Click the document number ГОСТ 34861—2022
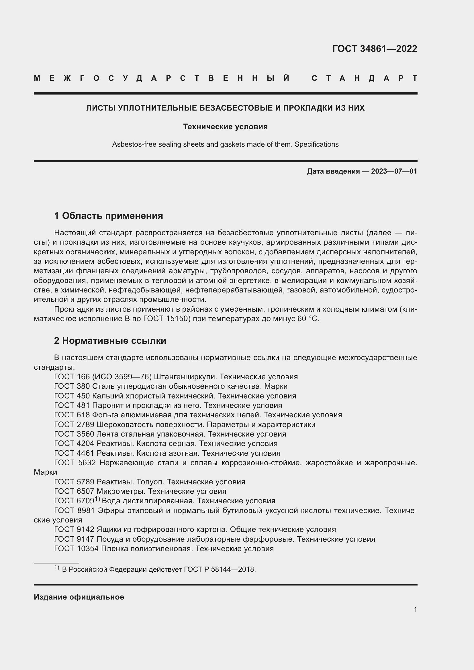click(x=375, y=48)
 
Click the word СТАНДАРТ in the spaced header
click(x=364, y=78)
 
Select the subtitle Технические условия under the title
click(x=225, y=127)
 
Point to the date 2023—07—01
click(x=394, y=171)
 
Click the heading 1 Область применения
click(x=109, y=216)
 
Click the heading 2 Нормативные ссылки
click(x=110, y=341)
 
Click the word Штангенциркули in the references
click(x=185, y=377)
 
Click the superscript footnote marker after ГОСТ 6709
click(x=97, y=499)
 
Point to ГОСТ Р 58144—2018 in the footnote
click(x=220, y=569)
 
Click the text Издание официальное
click(x=79, y=597)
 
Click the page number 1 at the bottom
click(x=415, y=609)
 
